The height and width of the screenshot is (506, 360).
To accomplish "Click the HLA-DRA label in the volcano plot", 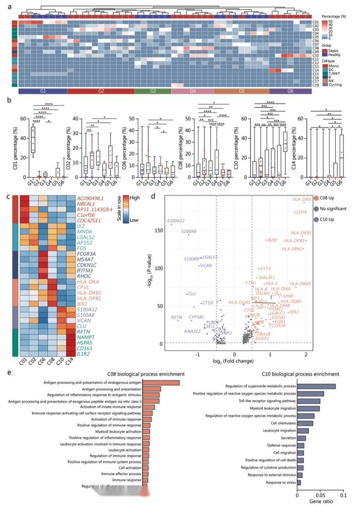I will [301, 199].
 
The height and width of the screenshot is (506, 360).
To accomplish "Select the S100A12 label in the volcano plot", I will [176, 221].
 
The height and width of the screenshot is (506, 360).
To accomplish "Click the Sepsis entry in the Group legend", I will [334, 51].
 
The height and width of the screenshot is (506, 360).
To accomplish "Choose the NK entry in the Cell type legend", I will [331, 81].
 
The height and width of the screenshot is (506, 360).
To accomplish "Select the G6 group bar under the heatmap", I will [290, 91].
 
